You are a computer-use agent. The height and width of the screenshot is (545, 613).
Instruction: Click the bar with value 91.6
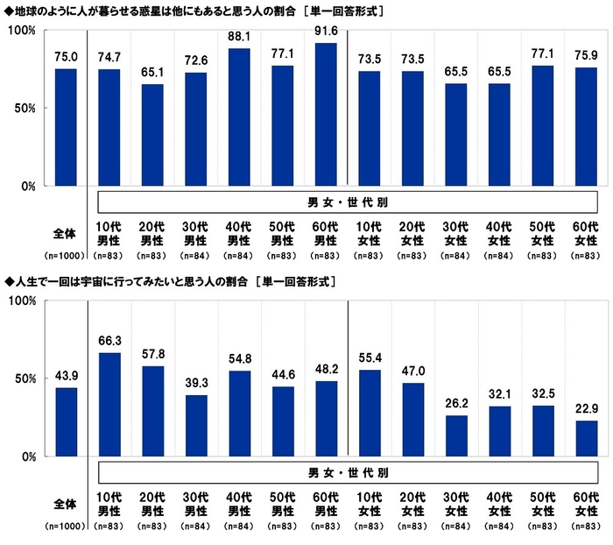pos(326,114)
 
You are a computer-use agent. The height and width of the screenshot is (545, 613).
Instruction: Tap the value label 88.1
pos(239,37)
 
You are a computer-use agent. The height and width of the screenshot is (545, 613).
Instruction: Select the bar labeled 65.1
pos(152,135)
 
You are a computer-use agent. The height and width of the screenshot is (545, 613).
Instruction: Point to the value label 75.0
pos(66,58)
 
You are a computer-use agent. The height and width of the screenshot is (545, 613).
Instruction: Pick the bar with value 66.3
pos(109,404)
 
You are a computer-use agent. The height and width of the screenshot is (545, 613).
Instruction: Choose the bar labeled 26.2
pos(455,435)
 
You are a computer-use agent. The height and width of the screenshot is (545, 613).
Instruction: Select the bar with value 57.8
pos(152,411)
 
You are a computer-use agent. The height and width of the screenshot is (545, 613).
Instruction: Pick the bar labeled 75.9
pos(586,126)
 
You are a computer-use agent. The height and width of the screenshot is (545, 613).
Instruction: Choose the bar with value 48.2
pos(326,419)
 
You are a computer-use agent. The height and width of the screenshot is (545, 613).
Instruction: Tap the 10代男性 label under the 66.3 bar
pos(109,502)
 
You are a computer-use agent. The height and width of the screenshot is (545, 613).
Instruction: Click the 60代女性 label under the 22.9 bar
pos(586,502)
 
